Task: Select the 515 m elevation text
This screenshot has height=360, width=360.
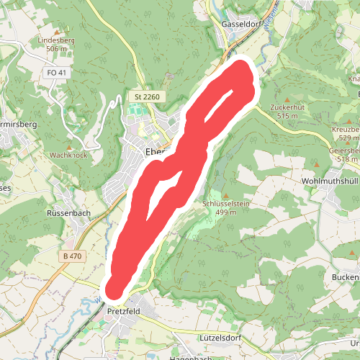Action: [287, 116]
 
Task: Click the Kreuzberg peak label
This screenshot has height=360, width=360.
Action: [346, 129]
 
